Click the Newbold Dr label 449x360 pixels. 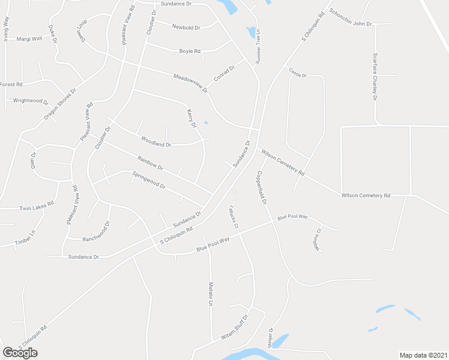(x=185, y=27)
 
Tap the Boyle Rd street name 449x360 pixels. (x=190, y=51)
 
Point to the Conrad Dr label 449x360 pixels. (x=224, y=75)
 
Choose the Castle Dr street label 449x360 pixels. (x=298, y=75)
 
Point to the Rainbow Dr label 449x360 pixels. (x=150, y=163)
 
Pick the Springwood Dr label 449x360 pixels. (x=148, y=182)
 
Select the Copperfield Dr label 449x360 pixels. (x=262, y=188)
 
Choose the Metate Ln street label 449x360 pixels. (x=211, y=294)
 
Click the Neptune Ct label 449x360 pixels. (x=319, y=238)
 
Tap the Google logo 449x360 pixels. (x=20, y=353)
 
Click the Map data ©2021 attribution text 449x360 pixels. (x=423, y=355)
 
